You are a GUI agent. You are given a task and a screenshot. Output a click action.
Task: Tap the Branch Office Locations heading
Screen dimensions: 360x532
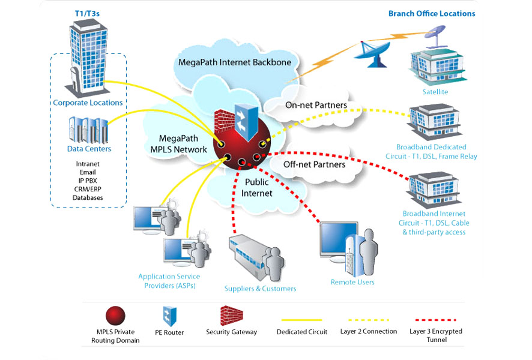click(x=432, y=13)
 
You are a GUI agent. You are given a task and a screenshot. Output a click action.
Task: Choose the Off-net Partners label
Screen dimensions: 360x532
click(x=314, y=164)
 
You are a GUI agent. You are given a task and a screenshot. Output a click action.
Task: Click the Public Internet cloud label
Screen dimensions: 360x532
click(x=256, y=187)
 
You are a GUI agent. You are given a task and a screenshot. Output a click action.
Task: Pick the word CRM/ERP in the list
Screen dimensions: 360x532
click(x=88, y=189)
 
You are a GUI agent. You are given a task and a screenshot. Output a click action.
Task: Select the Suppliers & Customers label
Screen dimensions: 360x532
click(x=260, y=289)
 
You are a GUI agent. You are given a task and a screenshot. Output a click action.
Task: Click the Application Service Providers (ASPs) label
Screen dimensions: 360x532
click(x=169, y=281)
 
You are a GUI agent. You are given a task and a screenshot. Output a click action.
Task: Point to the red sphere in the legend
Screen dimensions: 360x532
click(x=115, y=316)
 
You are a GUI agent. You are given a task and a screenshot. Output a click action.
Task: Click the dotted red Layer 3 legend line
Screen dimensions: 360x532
click(x=432, y=320)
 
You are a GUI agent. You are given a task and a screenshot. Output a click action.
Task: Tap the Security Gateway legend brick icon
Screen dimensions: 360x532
click(x=231, y=316)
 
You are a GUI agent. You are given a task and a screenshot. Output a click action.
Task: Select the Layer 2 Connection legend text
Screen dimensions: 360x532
click(x=368, y=331)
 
